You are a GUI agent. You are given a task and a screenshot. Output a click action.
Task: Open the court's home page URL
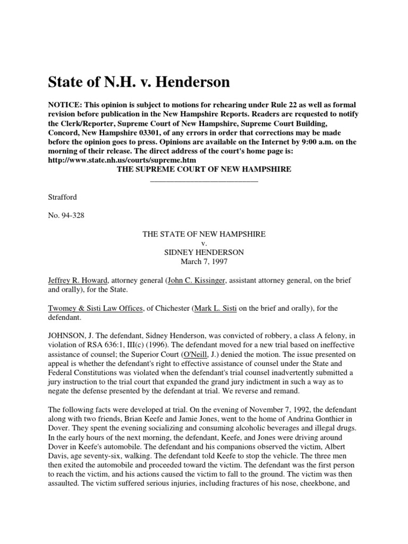tap(122, 159)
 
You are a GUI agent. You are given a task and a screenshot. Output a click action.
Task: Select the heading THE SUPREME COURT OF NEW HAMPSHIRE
tap(204, 169)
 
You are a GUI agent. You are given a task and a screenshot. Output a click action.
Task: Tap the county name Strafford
tap(63, 197)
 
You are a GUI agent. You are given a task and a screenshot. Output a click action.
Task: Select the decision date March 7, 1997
tap(204, 261)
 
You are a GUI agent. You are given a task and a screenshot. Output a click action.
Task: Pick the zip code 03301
tap(165, 132)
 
